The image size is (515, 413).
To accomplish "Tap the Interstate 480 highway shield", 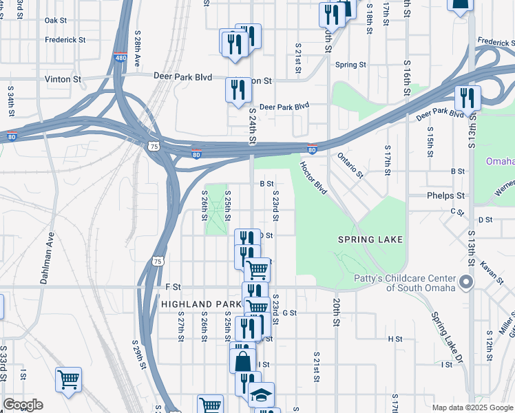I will tap(121, 59).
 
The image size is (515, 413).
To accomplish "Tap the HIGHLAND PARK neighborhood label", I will tap(201, 304).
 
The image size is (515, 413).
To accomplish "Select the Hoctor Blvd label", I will tap(313, 178).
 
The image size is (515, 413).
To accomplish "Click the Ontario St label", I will tap(350, 165).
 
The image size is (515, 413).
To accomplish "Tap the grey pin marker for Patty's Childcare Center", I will tap(467, 282).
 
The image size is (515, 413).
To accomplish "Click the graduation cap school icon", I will tap(261, 394).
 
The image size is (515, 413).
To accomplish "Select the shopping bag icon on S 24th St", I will tap(243, 360).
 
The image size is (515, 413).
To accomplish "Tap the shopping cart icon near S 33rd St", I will tap(69, 379).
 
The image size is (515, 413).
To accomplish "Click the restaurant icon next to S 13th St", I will tap(467, 97).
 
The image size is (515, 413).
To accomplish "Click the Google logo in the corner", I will tap(22, 405).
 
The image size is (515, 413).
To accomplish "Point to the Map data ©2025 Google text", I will tap(472, 407).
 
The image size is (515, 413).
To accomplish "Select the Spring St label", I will tap(350, 65).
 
